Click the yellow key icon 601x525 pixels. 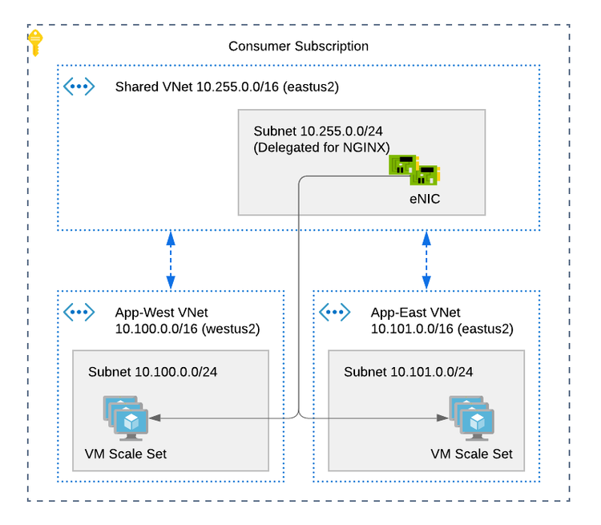pyautogui.click(x=35, y=43)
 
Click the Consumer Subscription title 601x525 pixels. pyautogui.click(x=298, y=46)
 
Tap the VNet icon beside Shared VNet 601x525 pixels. pyautogui.click(x=79, y=87)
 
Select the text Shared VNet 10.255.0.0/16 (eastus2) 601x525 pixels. pyautogui.click(x=227, y=87)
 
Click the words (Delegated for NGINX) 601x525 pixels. pyautogui.click(x=321, y=147)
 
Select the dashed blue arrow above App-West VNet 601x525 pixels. pyautogui.click(x=170, y=260)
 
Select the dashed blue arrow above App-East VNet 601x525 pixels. pyautogui.click(x=426, y=260)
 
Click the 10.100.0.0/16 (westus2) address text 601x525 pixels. pyautogui.click(x=188, y=329)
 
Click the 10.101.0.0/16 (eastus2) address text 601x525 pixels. pyautogui.click(x=442, y=329)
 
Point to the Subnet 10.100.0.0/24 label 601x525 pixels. pyautogui.click(x=152, y=372)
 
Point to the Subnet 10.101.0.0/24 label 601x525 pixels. pyautogui.click(x=408, y=372)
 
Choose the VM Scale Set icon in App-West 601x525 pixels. pyautogui.click(x=125, y=418)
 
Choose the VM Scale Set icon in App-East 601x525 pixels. pyautogui.click(x=472, y=418)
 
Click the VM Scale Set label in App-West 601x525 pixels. pyautogui.click(x=125, y=454)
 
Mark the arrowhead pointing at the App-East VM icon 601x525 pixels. pyautogui.click(x=442, y=418)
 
